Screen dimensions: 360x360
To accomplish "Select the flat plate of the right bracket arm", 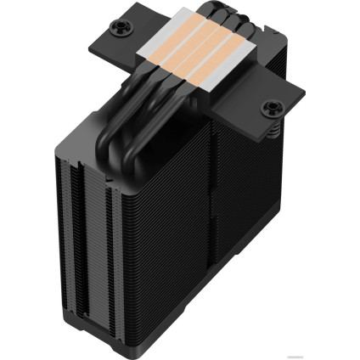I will click(255, 110).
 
